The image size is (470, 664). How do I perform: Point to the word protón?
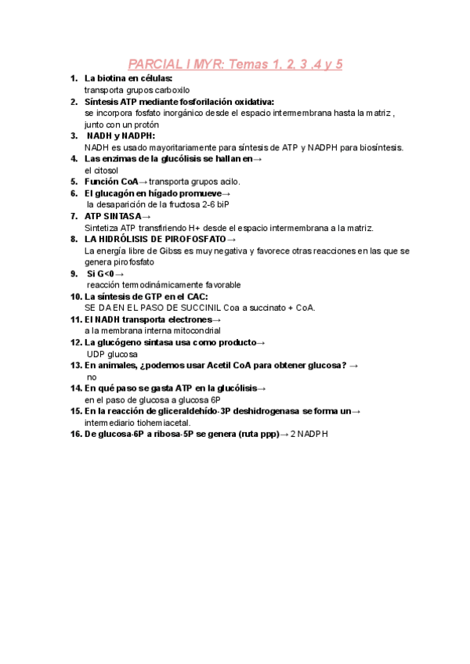pos(145,124)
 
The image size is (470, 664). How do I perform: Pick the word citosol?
pos(104,169)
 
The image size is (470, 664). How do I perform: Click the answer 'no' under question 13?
pos(92,377)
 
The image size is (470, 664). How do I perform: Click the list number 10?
pos(76,297)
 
